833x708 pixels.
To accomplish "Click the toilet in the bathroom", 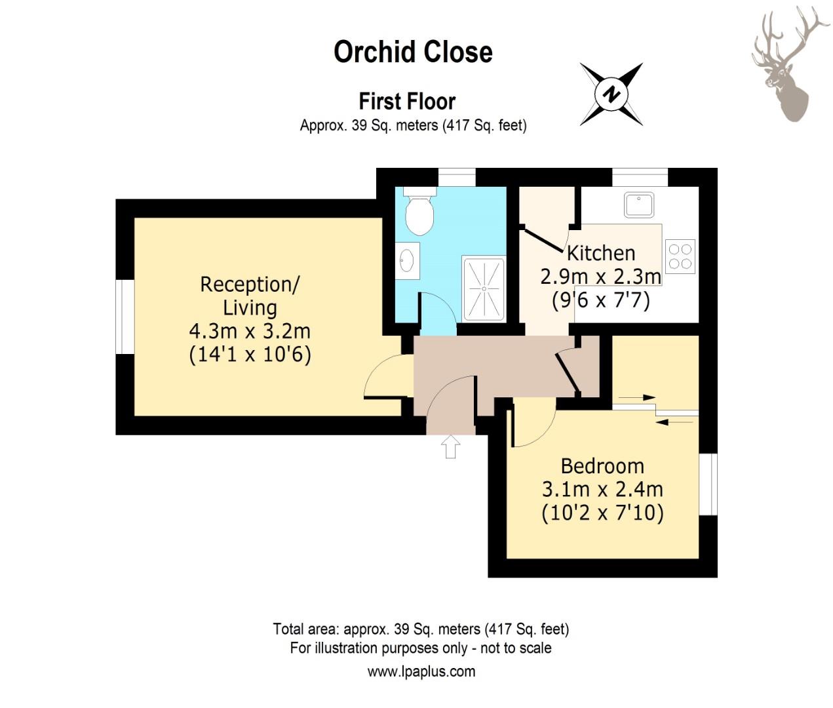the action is pyautogui.click(x=419, y=211).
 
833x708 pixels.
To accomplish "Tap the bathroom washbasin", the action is pyautogui.click(x=407, y=260).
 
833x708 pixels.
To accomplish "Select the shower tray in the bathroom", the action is pyautogui.click(x=484, y=288).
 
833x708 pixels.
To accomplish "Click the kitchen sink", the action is pyautogui.click(x=639, y=205).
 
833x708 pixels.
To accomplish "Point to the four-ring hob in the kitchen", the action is pyautogui.click(x=680, y=256).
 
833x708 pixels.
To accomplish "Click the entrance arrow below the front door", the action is pyautogui.click(x=450, y=446).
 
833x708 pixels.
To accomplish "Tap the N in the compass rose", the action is pyautogui.click(x=611, y=94).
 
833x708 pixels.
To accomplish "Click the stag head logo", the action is pyautogui.click(x=784, y=64).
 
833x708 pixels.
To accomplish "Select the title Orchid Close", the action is pyautogui.click(x=413, y=52).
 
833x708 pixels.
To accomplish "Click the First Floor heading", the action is pyautogui.click(x=407, y=101).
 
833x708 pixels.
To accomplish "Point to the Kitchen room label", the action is pyautogui.click(x=601, y=253).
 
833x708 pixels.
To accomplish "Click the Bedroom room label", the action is pyautogui.click(x=602, y=467).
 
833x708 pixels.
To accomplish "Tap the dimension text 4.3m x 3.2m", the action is pyautogui.click(x=250, y=332).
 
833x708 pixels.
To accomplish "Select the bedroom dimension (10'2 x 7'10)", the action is pyautogui.click(x=602, y=513).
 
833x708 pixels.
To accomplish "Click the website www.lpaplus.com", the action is pyautogui.click(x=421, y=671).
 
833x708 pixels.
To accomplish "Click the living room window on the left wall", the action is pyautogui.click(x=125, y=317).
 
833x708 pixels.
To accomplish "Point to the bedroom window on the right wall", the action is pyautogui.click(x=708, y=484).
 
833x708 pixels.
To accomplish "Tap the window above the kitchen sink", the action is pyautogui.click(x=640, y=178).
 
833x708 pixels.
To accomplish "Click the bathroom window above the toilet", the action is pyautogui.click(x=457, y=178).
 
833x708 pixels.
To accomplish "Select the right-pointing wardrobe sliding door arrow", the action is pyautogui.click(x=637, y=397).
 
